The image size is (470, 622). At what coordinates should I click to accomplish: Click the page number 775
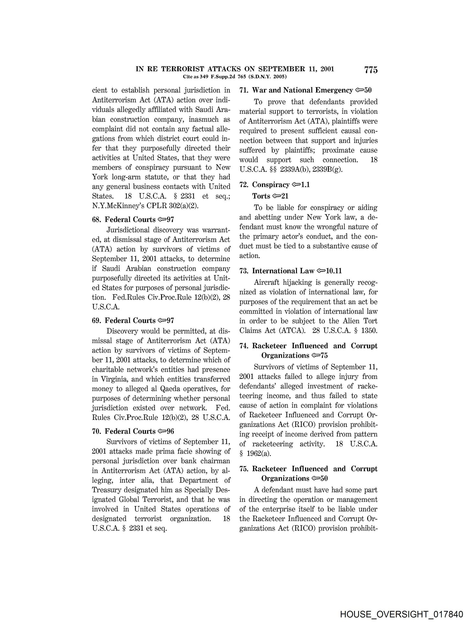371,70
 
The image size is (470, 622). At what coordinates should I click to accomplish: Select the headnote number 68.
97,220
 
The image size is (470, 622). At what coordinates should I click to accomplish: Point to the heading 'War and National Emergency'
302,90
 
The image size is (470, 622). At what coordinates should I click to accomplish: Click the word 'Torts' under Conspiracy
261,196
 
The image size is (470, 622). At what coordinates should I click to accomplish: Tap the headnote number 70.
97,432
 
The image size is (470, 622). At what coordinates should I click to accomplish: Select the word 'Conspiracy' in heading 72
271,185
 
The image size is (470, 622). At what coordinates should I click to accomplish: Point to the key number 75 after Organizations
324,355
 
